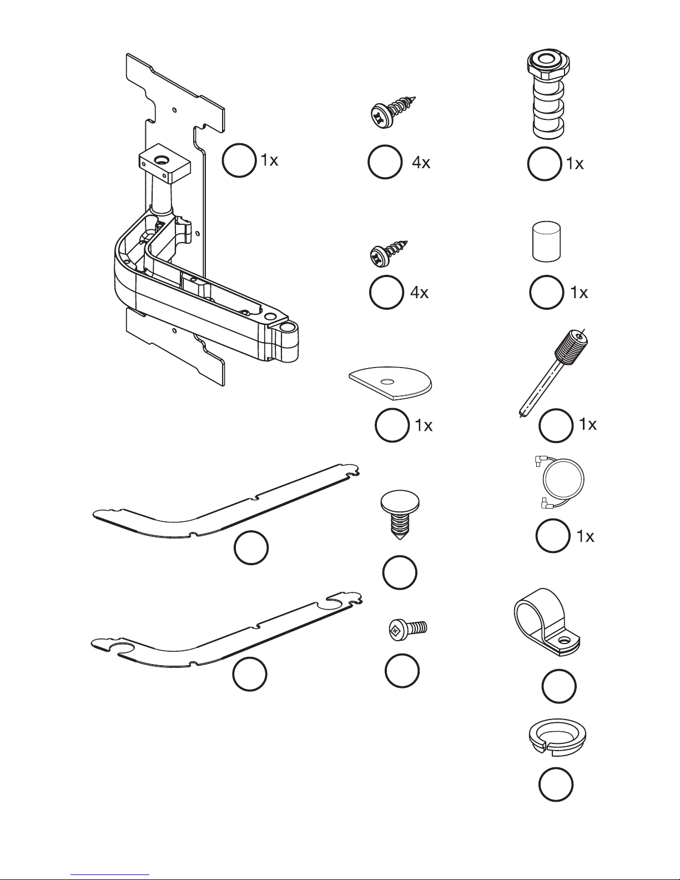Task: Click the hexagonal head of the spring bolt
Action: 548,65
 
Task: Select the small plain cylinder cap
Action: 546,241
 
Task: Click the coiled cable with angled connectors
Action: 561,481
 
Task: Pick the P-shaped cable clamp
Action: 546,623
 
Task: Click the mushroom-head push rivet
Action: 400,516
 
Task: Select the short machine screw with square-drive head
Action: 407,630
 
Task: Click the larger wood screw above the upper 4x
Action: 392,112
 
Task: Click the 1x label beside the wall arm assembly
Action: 269,160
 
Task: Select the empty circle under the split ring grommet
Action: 555,785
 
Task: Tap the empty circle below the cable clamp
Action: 558,686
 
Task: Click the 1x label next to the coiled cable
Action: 585,536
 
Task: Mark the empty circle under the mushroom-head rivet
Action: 400,572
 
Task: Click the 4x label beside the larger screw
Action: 421,163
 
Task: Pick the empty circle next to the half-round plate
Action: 392,425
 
